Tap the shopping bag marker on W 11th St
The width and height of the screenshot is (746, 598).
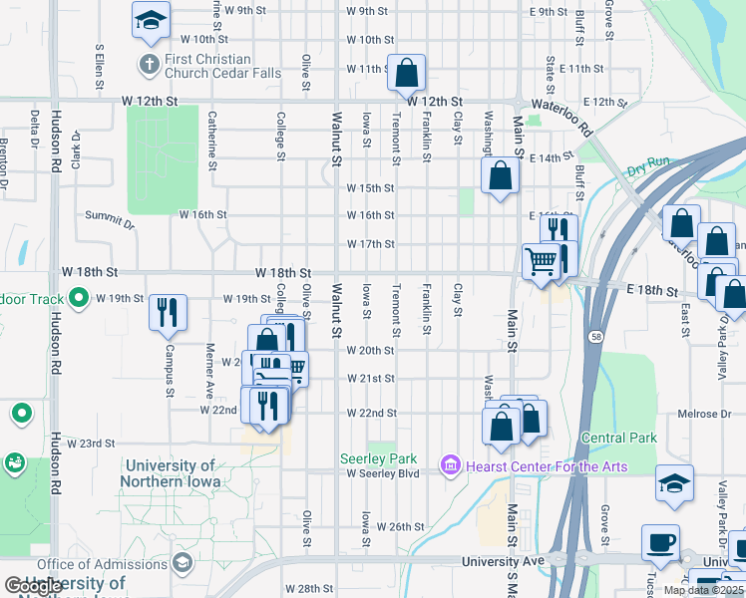(407, 73)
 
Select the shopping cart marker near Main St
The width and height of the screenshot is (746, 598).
(541, 262)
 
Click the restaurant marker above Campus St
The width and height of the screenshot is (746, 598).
(168, 311)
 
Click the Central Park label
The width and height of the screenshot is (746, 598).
(618, 438)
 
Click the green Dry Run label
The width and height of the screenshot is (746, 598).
(648, 166)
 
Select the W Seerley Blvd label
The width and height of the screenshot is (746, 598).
(383, 473)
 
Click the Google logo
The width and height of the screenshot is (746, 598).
(33, 587)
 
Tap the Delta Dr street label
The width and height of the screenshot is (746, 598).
(35, 131)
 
